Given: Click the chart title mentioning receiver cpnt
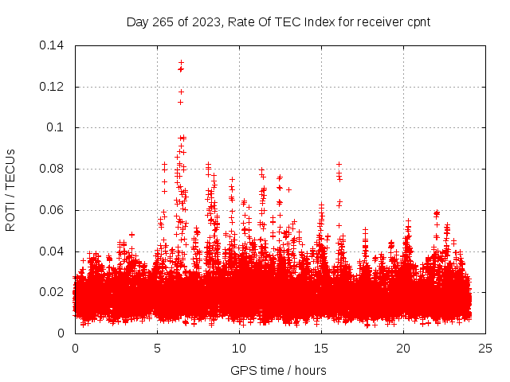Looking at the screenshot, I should (x=278, y=21).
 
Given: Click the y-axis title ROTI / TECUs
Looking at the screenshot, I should (x=11, y=189).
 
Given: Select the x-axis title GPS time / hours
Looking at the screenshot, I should (x=278, y=370).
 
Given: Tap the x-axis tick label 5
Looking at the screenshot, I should (x=157, y=349).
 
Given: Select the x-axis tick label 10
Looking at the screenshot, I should (x=239, y=349).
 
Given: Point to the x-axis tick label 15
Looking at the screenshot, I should (x=321, y=349).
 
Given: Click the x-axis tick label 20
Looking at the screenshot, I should (x=403, y=349).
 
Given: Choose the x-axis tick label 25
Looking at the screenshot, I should (x=485, y=349).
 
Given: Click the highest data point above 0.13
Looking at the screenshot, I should (x=181, y=62).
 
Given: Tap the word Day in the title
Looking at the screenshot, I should (x=138, y=21).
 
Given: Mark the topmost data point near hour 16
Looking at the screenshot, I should (x=339, y=164).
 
